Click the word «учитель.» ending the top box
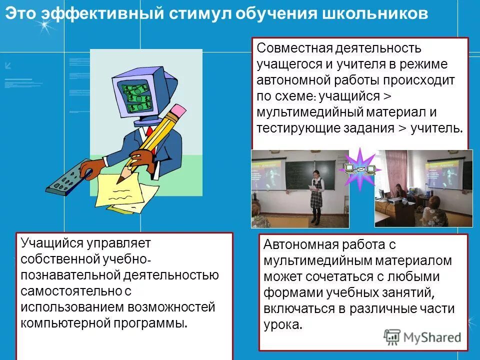(436, 128)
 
